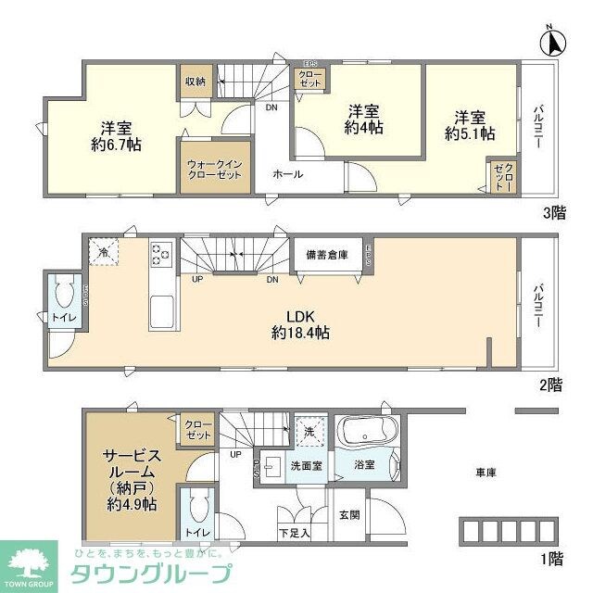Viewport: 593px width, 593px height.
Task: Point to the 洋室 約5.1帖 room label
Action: click(469, 125)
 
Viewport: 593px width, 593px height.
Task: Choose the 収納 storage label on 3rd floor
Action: click(195, 81)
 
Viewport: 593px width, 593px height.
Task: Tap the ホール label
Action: click(286, 173)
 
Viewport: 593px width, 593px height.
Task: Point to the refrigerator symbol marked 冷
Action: click(104, 251)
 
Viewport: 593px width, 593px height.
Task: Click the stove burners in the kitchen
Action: click(160, 253)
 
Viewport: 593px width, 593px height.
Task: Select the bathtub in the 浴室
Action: click(369, 432)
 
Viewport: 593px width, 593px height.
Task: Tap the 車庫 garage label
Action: click(486, 473)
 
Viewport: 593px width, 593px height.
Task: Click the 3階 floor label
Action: click(553, 212)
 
